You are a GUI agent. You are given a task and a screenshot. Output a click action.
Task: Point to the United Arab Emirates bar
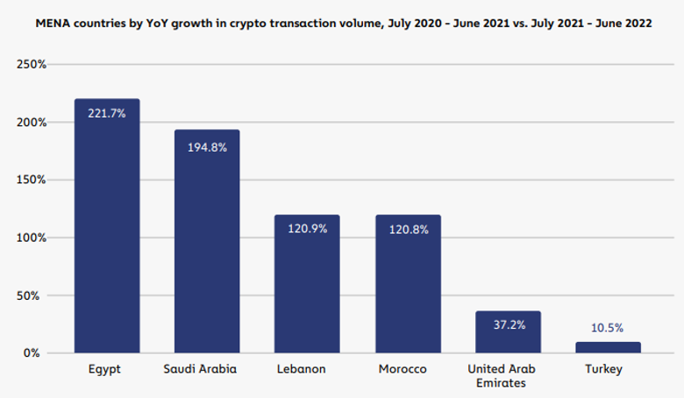click(x=508, y=332)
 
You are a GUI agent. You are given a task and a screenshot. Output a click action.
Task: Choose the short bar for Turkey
click(x=608, y=347)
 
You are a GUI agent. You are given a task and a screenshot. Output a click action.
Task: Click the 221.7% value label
click(x=107, y=112)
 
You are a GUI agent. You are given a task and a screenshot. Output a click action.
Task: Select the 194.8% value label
click(x=207, y=147)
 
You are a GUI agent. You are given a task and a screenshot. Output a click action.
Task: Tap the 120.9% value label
click(x=307, y=229)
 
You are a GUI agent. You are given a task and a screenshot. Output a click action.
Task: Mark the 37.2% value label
click(x=508, y=325)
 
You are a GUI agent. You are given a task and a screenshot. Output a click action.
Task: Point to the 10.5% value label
click(x=608, y=329)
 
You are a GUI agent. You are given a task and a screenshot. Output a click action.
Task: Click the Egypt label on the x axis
click(x=105, y=369)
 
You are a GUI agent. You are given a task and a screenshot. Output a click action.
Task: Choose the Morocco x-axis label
click(x=403, y=369)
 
